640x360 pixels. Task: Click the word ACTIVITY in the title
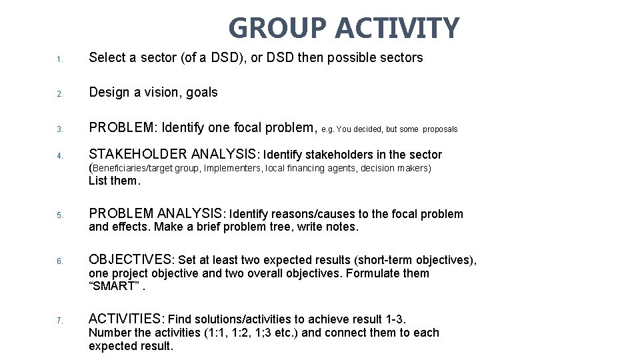pos(397,29)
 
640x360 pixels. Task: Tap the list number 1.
pos(59,60)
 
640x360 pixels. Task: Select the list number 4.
pos(59,157)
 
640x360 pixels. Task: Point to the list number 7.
pos(59,321)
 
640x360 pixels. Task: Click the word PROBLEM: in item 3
pos(123,127)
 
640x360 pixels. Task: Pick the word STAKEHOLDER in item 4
pos(138,155)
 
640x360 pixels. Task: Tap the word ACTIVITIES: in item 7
pos(127,319)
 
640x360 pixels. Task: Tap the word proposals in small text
pos(440,129)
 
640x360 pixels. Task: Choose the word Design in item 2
pos(109,93)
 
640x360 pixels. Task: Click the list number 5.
pos(59,215)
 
